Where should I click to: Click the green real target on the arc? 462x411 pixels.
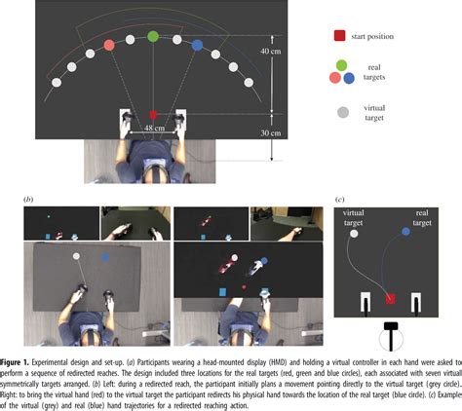tap(153, 37)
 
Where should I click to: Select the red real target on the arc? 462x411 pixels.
tap(109, 45)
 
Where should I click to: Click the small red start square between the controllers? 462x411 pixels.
tap(153, 115)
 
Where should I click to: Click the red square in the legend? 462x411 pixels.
tap(338, 36)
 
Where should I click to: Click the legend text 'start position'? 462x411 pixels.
tap(379, 36)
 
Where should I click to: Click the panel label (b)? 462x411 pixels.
tap(28, 199)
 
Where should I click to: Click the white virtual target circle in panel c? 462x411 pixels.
tap(354, 234)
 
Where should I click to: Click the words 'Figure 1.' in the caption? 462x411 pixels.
tap(19, 360)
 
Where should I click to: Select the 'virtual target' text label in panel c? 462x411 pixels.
tap(354, 214)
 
